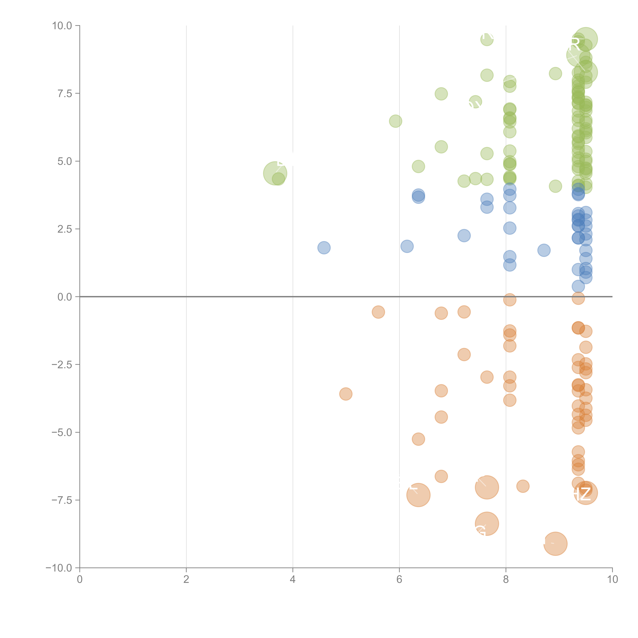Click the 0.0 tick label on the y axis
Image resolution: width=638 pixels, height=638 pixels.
coord(65,297)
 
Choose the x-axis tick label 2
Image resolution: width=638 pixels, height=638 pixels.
coord(186,580)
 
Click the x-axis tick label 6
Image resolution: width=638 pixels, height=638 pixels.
coord(399,580)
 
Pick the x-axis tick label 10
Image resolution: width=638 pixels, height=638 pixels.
coord(612,580)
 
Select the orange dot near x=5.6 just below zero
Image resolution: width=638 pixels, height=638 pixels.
coord(378,312)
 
